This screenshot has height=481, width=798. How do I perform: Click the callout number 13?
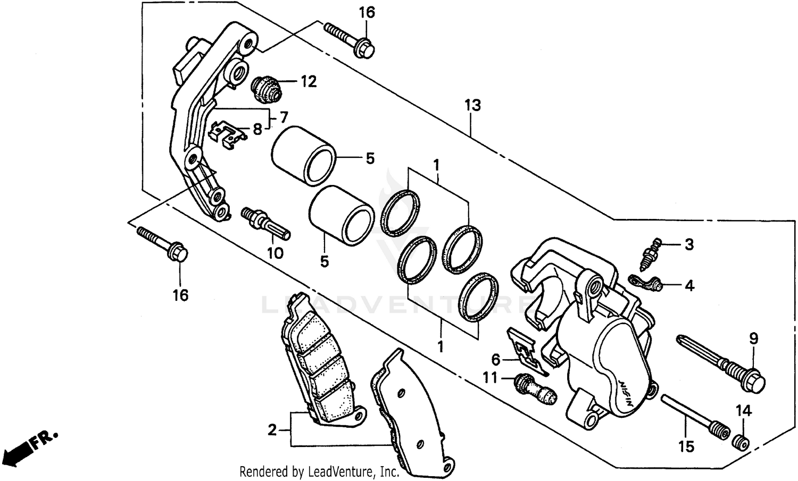coord(472,105)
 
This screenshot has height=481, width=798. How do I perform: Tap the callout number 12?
coord(309,81)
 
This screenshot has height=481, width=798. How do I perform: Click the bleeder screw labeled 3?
coord(650,252)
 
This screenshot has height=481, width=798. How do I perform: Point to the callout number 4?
coord(689,286)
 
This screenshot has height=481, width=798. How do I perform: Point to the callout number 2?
coord(272,430)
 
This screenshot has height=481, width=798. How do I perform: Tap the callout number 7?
coord(283,116)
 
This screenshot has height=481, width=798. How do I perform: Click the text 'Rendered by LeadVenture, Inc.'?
coord(319,471)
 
